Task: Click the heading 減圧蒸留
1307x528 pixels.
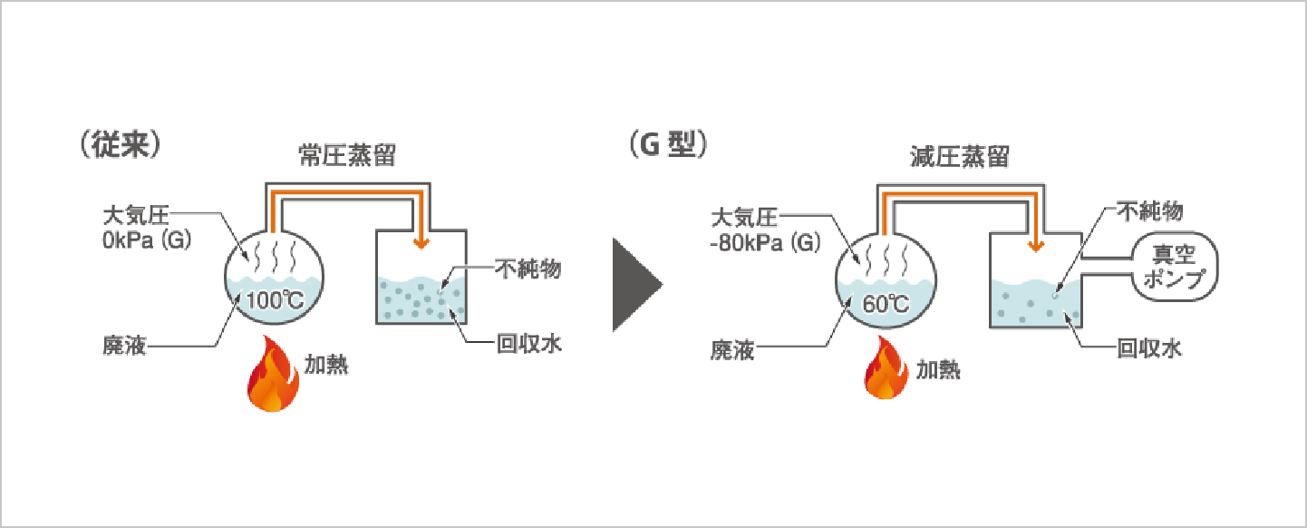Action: coord(960,156)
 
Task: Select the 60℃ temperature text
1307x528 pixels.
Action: coord(886,303)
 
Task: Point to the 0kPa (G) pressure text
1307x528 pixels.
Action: coord(146,243)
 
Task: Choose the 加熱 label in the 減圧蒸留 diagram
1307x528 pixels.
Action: coord(938,369)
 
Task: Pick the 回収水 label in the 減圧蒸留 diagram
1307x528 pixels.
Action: coord(1149,347)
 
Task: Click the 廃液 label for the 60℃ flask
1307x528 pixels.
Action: coord(732,348)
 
